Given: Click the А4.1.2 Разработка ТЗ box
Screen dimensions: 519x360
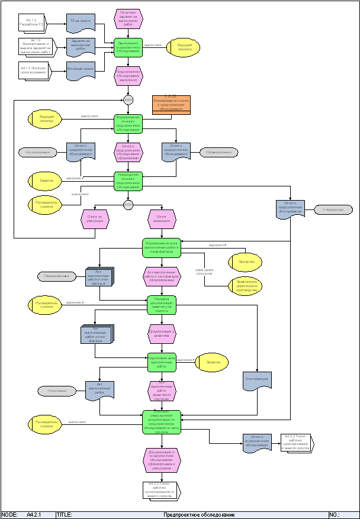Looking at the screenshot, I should click(x=34, y=23).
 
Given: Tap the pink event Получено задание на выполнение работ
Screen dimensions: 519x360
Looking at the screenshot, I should click(x=128, y=18).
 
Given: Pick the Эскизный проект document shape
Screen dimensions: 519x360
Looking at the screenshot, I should click(x=80, y=70).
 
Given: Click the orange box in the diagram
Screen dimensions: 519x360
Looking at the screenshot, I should click(x=172, y=104).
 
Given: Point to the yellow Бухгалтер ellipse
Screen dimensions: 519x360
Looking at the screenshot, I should click(x=246, y=262).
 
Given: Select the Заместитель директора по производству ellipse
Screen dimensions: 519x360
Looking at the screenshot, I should click(x=246, y=286).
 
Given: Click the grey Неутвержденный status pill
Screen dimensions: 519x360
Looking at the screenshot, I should click(x=37, y=153).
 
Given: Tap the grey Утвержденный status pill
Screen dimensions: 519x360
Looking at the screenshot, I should click(x=333, y=209).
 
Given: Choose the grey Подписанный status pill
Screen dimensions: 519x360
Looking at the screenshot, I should click(x=57, y=391).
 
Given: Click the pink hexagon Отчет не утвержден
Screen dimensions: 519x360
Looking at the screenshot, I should click(x=95, y=219).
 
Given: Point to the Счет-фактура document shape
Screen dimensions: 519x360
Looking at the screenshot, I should click(x=257, y=380).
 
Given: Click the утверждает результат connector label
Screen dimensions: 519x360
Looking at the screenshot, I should click(x=205, y=271).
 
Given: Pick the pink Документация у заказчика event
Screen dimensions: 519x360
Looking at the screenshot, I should click(x=161, y=334).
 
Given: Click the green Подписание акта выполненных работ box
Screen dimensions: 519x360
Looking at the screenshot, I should click(x=161, y=362).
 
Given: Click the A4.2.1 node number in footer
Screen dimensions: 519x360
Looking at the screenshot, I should click(x=34, y=515).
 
